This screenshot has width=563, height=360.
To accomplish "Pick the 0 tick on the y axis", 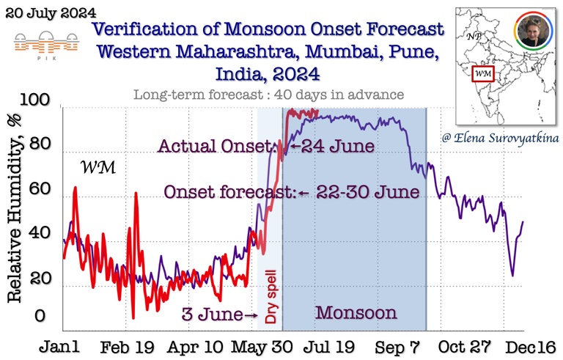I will pos(41,316).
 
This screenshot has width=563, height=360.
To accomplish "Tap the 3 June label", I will pos(213,315).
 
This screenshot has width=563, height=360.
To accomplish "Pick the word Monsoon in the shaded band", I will pos(356,313).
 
